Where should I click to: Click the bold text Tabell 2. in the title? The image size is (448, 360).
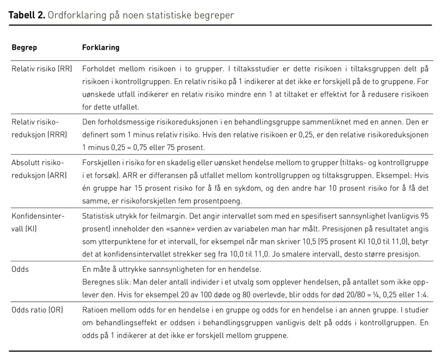point(27,15)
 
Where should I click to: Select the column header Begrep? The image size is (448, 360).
point(24,47)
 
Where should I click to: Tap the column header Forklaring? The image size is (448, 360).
point(101,47)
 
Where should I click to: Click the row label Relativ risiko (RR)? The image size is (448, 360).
point(42,69)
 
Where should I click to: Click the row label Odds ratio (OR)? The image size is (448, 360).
point(37,310)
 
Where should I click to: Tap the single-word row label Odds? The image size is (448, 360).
point(20,269)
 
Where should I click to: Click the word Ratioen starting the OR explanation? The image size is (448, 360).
point(95,310)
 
